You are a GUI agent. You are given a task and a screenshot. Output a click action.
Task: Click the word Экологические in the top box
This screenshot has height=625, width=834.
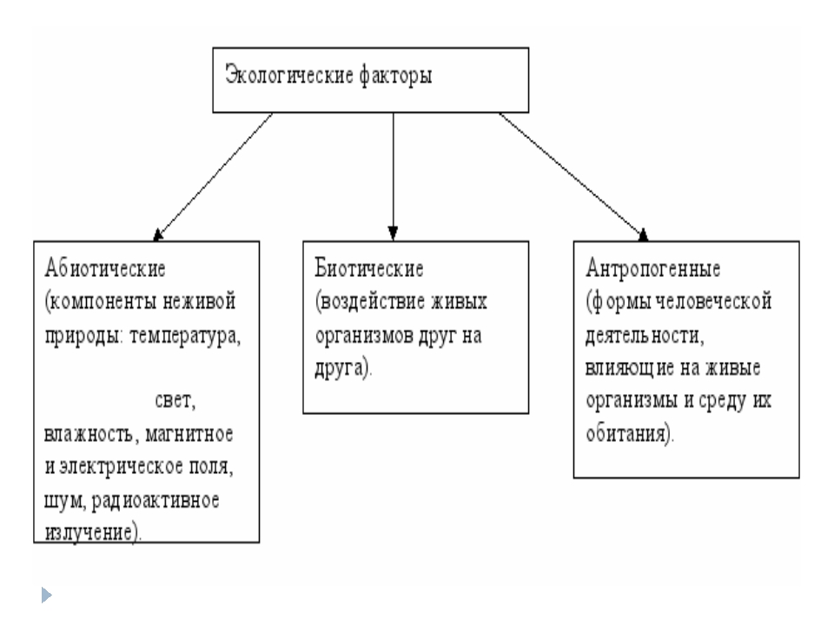pyautogui.click(x=288, y=75)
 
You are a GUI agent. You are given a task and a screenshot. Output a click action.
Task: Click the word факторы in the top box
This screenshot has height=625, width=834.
pyautogui.click(x=396, y=76)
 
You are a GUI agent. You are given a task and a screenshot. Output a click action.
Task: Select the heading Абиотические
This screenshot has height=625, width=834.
pyautogui.click(x=105, y=268)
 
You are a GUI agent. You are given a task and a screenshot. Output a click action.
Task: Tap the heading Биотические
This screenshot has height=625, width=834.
pyautogui.click(x=368, y=268)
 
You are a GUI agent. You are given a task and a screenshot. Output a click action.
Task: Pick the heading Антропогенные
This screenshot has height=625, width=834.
pyautogui.click(x=652, y=268)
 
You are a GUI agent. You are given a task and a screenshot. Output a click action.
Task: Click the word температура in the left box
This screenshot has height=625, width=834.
pyautogui.click(x=185, y=336)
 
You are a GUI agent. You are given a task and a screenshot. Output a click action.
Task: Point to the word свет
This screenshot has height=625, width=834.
pyautogui.click(x=175, y=400)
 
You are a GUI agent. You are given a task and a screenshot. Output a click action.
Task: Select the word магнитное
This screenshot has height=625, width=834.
pyautogui.click(x=189, y=434)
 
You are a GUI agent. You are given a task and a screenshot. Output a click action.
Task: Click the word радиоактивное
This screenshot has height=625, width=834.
pyautogui.click(x=156, y=501)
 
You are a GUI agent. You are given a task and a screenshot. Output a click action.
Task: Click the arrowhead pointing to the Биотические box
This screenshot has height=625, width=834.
pyautogui.click(x=393, y=234)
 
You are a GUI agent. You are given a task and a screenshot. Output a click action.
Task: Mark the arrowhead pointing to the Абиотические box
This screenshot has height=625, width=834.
pyautogui.click(x=158, y=235)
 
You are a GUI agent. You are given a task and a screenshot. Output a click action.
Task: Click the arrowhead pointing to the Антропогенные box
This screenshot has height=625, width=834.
pyautogui.click(x=643, y=234)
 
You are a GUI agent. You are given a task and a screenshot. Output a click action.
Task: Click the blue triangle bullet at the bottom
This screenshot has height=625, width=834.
pyautogui.click(x=46, y=595)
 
